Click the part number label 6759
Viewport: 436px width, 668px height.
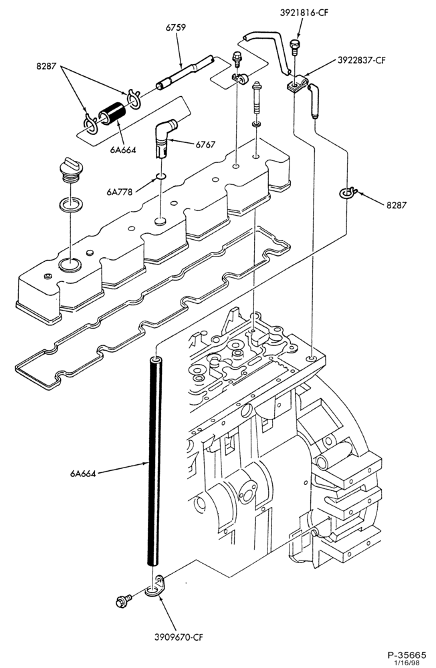(x=176, y=27)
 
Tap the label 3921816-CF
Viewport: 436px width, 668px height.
(x=304, y=13)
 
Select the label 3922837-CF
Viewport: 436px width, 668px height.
(x=362, y=60)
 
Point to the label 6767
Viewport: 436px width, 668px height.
(x=205, y=145)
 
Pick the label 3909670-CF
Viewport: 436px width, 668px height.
(x=179, y=637)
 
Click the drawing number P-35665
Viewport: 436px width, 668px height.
(x=407, y=654)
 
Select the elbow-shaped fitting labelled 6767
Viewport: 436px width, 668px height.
(x=165, y=138)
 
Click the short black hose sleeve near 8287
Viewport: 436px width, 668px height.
(x=112, y=114)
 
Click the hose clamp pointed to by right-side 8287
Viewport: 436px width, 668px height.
(x=348, y=193)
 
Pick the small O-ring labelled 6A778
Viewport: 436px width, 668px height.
(x=160, y=176)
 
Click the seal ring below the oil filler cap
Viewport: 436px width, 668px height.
(x=69, y=204)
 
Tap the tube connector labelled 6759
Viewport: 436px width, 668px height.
(x=185, y=71)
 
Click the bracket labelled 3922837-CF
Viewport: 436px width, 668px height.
(x=298, y=83)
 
